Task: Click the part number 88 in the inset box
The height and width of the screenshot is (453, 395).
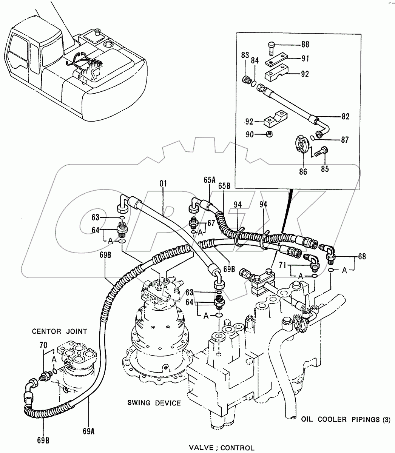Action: (305, 45)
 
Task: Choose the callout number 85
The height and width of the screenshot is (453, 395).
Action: (324, 168)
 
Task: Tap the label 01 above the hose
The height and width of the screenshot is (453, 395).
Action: (163, 184)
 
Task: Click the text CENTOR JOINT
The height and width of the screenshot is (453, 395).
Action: (59, 331)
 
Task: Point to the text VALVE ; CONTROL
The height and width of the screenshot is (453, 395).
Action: (221, 448)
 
